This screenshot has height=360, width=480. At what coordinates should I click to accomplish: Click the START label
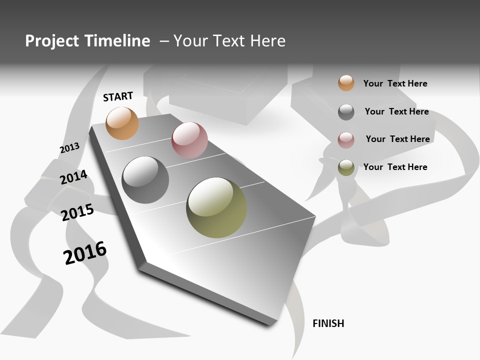click(118, 96)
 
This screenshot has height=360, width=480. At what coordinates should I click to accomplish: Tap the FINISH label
click(328, 323)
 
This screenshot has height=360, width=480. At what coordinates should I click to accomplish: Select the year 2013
click(69, 148)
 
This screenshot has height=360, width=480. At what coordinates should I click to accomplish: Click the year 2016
click(85, 252)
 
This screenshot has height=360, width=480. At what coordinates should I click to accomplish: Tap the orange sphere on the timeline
click(122, 123)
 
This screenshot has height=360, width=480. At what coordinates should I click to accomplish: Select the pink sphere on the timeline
click(189, 140)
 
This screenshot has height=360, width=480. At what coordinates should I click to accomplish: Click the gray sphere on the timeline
click(145, 180)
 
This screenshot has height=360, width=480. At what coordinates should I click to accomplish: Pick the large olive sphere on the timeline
click(216, 207)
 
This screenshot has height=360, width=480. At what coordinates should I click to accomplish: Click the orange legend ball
click(346, 83)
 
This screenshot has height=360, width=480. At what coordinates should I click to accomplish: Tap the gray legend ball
click(346, 111)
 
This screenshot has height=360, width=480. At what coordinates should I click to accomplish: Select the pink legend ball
click(346, 139)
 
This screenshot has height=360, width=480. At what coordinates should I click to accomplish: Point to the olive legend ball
click(346, 167)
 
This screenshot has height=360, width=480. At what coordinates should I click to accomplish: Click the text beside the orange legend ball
click(395, 83)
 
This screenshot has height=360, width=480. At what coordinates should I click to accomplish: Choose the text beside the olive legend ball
click(395, 167)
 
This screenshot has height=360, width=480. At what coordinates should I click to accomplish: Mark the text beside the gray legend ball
click(396, 111)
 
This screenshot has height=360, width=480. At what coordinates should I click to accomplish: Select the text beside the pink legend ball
click(397, 139)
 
